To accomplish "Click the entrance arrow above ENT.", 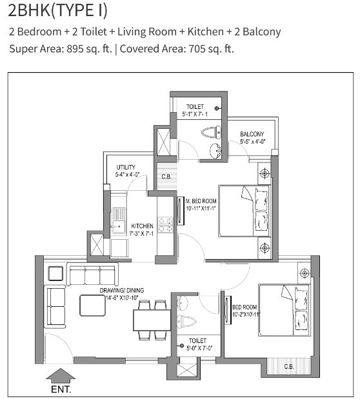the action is coord(61,375).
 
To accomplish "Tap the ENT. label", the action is coord(61,389).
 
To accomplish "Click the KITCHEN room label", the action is coord(142,226).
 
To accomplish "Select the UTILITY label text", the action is coord(126,167).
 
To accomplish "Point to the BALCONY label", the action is coord(252,134).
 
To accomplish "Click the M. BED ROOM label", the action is coord(201,201).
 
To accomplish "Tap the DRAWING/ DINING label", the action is coord(122,290).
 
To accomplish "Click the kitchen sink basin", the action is coord(118,226).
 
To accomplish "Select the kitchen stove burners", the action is coord(165,225).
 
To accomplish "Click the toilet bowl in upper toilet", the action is coord(211,132).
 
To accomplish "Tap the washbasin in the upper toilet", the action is coord(215,151).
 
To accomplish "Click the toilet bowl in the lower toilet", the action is coord(186,322).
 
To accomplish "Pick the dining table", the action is coord(152,320).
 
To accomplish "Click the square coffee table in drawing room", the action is coord(93,306).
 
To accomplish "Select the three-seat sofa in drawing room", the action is coord(92,275).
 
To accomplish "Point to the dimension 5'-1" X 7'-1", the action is coord(195,114).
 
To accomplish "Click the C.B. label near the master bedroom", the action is coord(166,177).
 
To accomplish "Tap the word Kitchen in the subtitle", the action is coord(206,32).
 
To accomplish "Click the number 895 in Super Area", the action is coord(75,48).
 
